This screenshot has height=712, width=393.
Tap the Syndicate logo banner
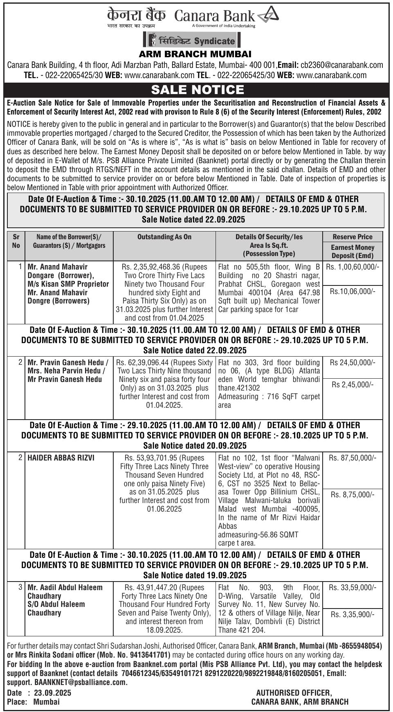192,40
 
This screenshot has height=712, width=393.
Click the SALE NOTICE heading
197,90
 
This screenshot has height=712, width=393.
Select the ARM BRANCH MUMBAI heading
195,54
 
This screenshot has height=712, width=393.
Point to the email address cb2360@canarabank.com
342,65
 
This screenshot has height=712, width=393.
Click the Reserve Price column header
353,237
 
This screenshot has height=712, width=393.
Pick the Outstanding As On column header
164,237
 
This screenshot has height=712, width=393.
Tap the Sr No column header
16,241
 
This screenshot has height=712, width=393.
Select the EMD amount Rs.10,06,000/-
352,292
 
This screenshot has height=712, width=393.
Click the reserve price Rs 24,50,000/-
353,362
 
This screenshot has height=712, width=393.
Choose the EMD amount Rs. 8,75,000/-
353,495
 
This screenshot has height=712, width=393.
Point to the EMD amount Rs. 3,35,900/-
353,615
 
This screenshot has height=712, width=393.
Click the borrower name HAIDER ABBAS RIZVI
61,458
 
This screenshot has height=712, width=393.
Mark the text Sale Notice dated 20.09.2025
195,446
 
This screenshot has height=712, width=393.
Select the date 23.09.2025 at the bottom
52,693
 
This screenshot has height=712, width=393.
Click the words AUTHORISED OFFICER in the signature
294,693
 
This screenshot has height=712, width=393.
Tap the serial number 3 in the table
20,587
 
